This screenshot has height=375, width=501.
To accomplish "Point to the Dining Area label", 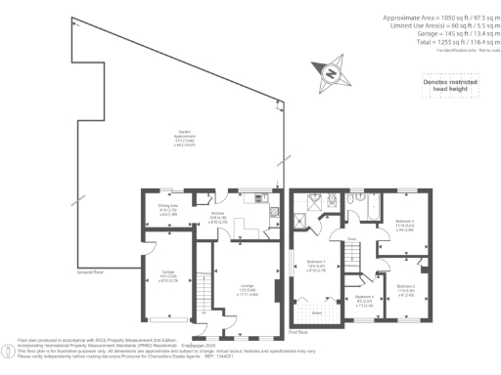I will click(167, 207).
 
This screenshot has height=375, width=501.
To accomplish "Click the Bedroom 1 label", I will click(315, 265).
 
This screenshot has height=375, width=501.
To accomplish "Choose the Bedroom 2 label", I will click(406, 289).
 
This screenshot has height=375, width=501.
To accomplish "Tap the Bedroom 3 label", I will click(403, 224).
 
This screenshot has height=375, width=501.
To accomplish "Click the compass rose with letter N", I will click(330, 72).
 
